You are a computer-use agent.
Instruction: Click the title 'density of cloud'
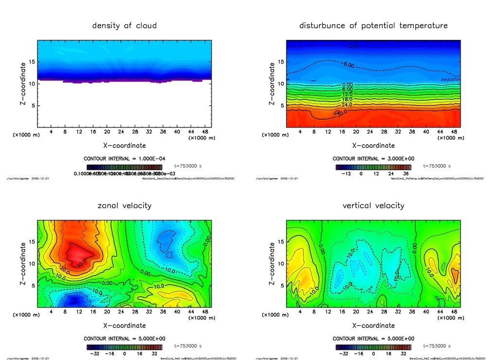(124, 25)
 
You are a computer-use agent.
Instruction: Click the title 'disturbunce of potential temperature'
(373, 25)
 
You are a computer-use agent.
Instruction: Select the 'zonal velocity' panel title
(124, 206)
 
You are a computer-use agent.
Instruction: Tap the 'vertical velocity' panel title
(373, 206)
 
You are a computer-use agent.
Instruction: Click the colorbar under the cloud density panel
(124, 167)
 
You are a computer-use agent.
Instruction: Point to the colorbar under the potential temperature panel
(373, 167)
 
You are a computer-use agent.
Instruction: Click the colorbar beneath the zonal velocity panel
(124, 347)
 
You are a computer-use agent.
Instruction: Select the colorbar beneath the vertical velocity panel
(373, 347)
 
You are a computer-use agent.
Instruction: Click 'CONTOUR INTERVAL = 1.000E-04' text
(124, 159)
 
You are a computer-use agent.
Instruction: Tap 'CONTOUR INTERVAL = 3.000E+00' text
(373, 159)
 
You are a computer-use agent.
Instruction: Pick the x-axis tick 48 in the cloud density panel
(206, 132)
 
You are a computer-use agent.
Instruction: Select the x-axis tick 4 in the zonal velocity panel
(52, 312)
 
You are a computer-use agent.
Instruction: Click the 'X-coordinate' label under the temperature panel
(373, 145)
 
